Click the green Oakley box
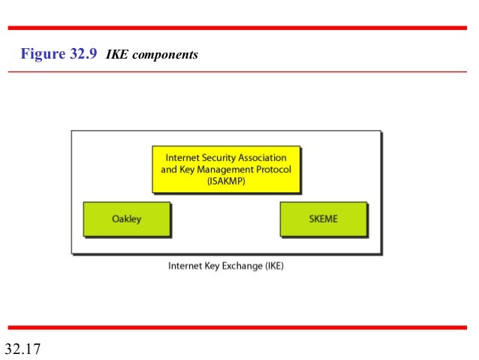pos(127,219)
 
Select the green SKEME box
pos(324,219)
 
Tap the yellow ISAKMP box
pos(225,170)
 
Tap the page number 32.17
pos(22,349)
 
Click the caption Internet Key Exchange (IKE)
pos(225,265)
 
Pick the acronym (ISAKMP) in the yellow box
pos(225,180)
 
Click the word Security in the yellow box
pos(217,159)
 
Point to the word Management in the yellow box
pos(224,169)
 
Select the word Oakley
pos(127,219)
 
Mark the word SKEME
pos(324,219)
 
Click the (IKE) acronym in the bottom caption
pos(273,265)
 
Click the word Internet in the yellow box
pos(181,159)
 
